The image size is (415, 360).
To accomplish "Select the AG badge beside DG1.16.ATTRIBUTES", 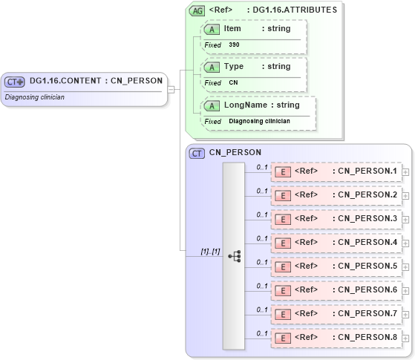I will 197,10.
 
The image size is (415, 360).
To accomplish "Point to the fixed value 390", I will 234,45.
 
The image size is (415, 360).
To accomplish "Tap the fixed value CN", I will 233,82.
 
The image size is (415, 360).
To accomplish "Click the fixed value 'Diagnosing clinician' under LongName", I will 259,121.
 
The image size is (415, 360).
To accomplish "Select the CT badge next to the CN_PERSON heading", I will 197,153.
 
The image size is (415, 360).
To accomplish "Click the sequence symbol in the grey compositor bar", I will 235,256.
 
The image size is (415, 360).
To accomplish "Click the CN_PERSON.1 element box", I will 336,171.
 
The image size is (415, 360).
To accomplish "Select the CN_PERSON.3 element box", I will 336,219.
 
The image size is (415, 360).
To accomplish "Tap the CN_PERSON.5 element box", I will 336,266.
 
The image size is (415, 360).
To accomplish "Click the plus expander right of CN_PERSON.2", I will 405,195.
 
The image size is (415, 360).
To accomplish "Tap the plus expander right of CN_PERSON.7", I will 405,313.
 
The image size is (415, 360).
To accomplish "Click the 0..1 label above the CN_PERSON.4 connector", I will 261,238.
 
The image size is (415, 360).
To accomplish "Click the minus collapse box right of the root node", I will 171,89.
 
